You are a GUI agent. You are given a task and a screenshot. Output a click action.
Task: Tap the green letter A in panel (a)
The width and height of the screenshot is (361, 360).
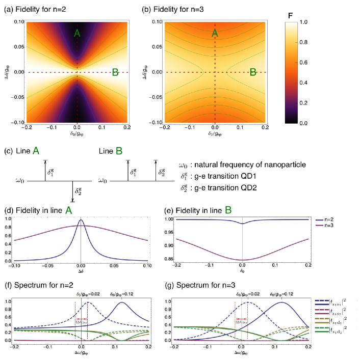pos(77,33)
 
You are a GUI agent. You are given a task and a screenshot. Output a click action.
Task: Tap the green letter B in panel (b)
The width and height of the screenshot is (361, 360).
pos(252,72)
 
